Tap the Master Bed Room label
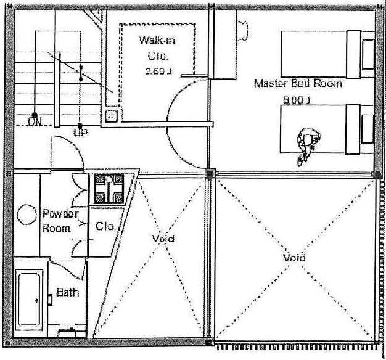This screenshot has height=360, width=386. [x=298, y=83]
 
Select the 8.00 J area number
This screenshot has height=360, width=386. [x=296, y=99]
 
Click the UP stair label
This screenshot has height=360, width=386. [x=80, y=131]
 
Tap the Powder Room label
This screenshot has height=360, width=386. [x=60, y=221]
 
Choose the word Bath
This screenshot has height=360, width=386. [x=67, y=292]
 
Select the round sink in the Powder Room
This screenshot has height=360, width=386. [x=27, y=215]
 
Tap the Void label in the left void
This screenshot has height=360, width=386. [x=163, y=239]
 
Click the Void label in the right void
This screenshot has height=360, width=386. [x=294, y=257]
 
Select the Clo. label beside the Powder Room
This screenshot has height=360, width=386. [x=105, y=226]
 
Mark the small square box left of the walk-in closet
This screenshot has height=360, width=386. [x=111, y=115]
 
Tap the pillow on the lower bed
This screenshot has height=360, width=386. [x=369, y=129]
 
